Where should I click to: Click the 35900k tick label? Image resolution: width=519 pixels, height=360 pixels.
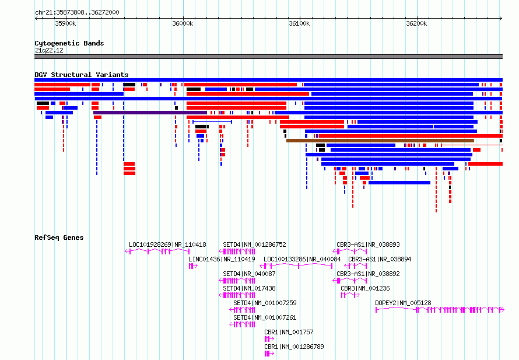coord(65,23)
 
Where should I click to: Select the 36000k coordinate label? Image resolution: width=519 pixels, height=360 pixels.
coord(183,23)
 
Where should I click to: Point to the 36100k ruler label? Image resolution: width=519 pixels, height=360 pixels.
coord(299,23)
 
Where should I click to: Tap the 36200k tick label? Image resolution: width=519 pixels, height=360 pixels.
coord(416,23)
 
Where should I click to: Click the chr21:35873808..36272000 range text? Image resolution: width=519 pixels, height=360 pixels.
coord(77,12)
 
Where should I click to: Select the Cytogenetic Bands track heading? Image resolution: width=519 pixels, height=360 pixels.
coord(69,43)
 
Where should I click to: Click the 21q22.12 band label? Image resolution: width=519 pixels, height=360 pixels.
coord(49,50)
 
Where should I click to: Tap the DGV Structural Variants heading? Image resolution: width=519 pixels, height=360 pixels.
coord(82,75)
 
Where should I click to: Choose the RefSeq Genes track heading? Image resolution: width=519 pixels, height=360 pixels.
coord(59,237)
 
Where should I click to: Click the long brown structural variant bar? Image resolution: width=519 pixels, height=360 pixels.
coord(380,141)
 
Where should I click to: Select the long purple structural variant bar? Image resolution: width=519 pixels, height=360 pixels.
coord(150,113)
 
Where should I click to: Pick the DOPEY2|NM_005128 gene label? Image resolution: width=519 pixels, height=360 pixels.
coord(403,303)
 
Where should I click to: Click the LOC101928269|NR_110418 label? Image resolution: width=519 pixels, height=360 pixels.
coord(167,244)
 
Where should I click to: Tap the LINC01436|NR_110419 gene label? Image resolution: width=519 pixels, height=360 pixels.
coord(222,259)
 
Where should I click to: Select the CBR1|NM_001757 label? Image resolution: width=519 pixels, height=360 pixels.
coord(289,332)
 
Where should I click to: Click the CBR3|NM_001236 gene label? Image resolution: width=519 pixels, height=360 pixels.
coord(365,288)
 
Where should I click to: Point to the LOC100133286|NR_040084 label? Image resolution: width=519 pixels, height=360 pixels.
coord(302,259)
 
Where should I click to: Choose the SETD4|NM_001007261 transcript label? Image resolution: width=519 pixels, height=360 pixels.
coord(265,317)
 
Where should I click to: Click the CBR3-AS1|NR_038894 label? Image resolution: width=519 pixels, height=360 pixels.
coord(380,259)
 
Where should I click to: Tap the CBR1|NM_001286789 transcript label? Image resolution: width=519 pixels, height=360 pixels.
coord(294,347)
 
